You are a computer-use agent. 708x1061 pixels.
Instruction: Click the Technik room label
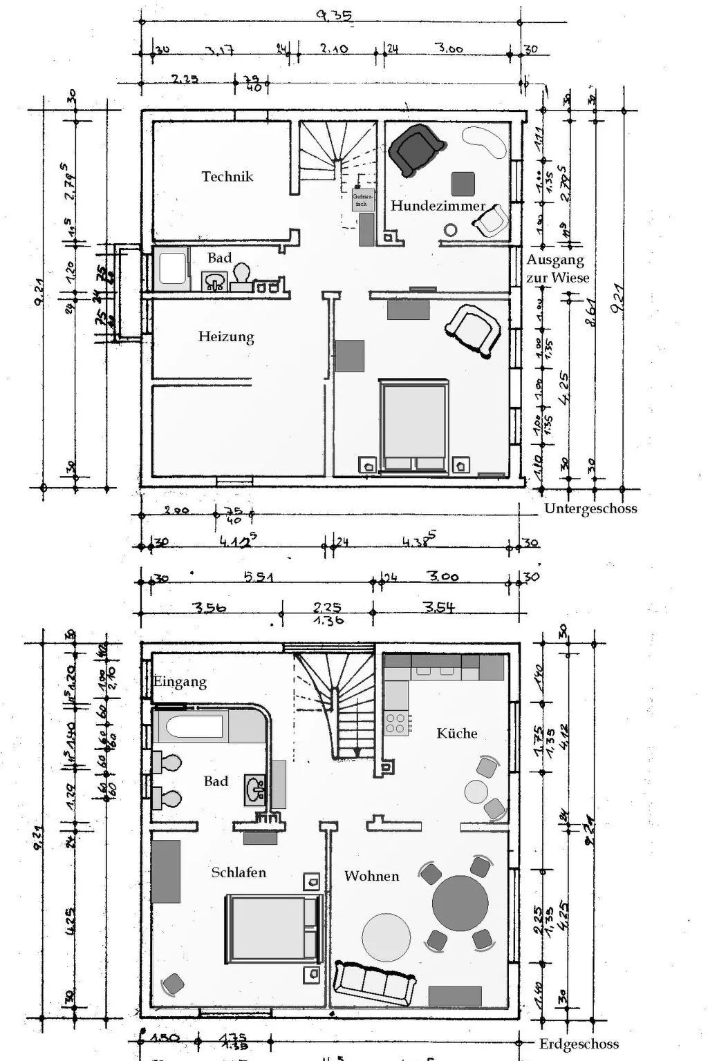tap(227, 177)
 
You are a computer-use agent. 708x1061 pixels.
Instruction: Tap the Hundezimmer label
tap(438, 206)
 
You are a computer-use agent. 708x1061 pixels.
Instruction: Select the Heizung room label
tap(226, 337)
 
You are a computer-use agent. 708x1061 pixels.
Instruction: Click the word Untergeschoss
tap(590, 508)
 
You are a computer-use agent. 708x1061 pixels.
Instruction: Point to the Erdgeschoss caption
tap(579, 1044)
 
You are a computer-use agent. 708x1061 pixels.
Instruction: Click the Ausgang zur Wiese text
tap(558, 269)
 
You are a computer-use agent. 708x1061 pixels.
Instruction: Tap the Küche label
tap(457, 733)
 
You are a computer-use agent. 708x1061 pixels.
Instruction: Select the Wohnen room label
tap(371, 876)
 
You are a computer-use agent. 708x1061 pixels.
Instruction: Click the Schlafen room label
tap(239, 872)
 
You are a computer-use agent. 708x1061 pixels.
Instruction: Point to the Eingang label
tap(180, 682)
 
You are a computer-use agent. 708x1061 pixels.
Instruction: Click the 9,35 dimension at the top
tap(334, 15)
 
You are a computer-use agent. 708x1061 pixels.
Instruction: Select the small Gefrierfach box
tap(362, 200)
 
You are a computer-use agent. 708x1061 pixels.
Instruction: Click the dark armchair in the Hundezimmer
tap(416, 150)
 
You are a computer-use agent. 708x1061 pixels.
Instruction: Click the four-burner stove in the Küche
tap(396, 723)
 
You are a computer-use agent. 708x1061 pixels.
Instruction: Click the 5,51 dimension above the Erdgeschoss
tap(258, 577)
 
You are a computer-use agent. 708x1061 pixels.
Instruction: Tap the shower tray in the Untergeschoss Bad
tap(171, 268)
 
